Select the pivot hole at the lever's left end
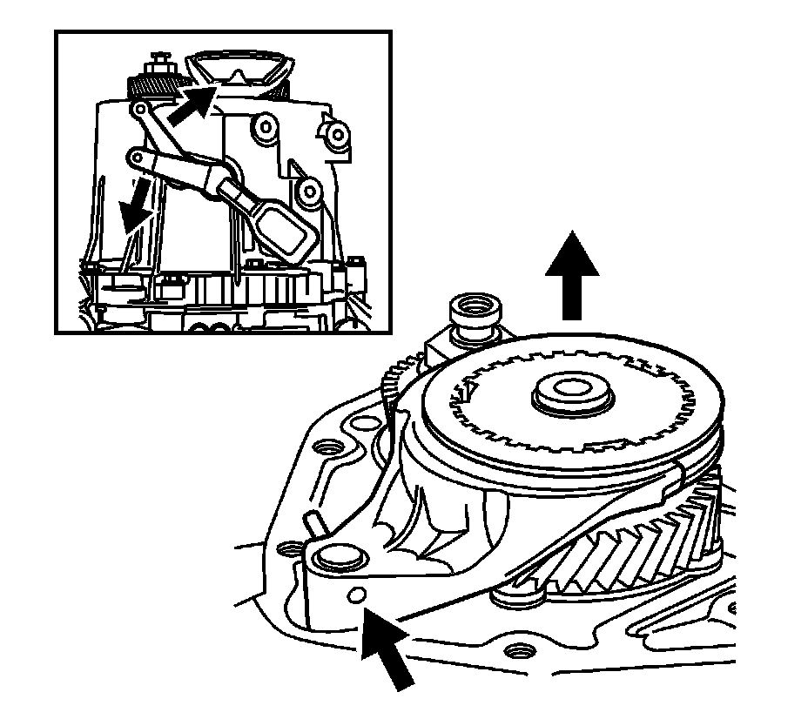pyautogui.click(x=138, y=158)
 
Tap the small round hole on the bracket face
pyautogui.click(x=354, y=595)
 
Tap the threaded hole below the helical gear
pyautogui.click(x=522, y=650)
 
